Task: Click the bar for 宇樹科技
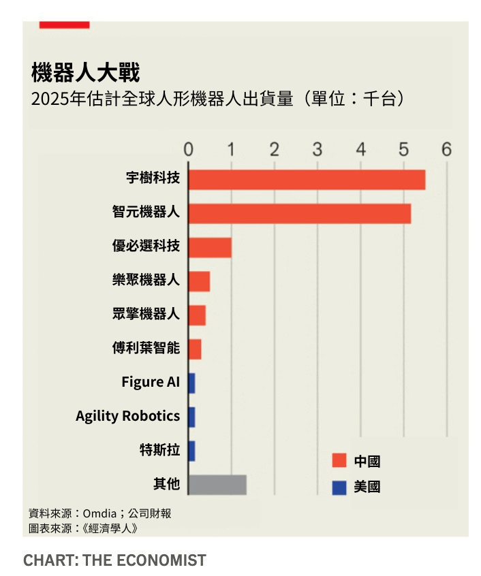307,180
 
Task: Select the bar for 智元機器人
300,213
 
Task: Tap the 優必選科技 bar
210,248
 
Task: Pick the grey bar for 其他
217,485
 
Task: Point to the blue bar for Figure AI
191,383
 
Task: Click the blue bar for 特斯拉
191,451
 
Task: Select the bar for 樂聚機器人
199,281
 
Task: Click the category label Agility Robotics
128,416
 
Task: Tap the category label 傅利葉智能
146,348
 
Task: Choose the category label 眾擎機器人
146,314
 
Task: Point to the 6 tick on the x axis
447,150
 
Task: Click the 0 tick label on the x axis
189,150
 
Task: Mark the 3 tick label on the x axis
317,150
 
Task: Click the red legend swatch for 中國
339,461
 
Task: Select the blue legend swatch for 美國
339,487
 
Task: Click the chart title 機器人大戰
85,72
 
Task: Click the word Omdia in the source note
99,513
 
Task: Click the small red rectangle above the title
64,25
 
